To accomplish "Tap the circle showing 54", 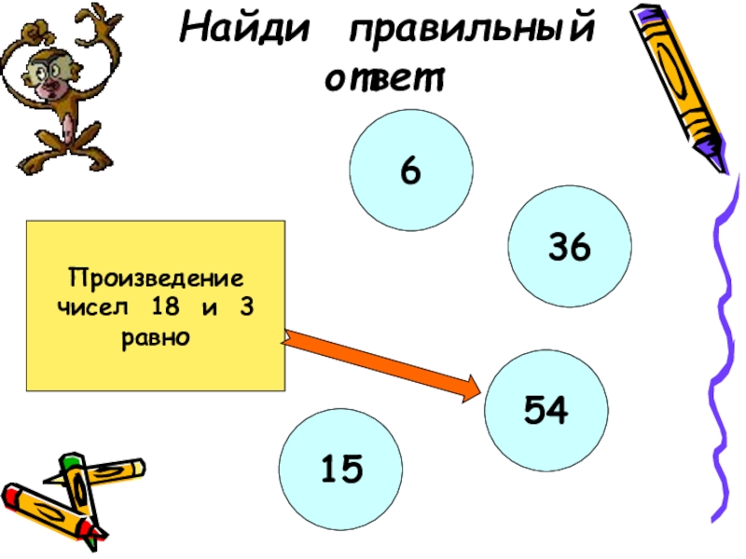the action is (x=546, y=410).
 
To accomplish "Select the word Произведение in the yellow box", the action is (x=155, y=278).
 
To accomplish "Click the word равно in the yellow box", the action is (x=155, y=335).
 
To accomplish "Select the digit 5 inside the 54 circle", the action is (x=534, y=410).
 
